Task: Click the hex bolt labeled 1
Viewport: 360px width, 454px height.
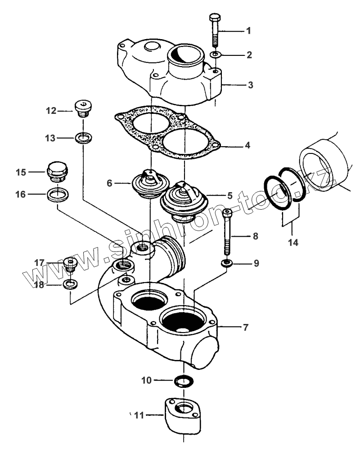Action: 215,30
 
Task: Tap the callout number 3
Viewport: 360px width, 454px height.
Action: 250,85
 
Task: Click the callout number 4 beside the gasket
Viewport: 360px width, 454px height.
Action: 247,145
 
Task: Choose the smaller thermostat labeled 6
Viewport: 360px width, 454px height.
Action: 151,184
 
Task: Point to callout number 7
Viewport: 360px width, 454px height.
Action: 246,327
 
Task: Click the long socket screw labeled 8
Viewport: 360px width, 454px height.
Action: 227,232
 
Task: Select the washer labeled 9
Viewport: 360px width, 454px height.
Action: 227,263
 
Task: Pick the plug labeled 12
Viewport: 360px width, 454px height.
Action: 83,108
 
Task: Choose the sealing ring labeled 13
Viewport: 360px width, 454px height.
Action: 83,138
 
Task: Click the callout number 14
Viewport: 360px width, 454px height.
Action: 293,243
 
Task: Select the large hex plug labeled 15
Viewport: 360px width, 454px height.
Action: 57,172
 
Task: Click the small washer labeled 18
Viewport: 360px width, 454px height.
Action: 70,285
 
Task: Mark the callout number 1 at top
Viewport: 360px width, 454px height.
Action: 248,31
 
